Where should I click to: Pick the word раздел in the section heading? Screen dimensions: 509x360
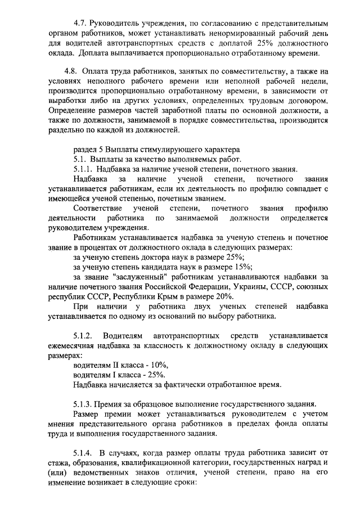click(85, 149)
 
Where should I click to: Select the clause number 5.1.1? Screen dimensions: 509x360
click(84, 169)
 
